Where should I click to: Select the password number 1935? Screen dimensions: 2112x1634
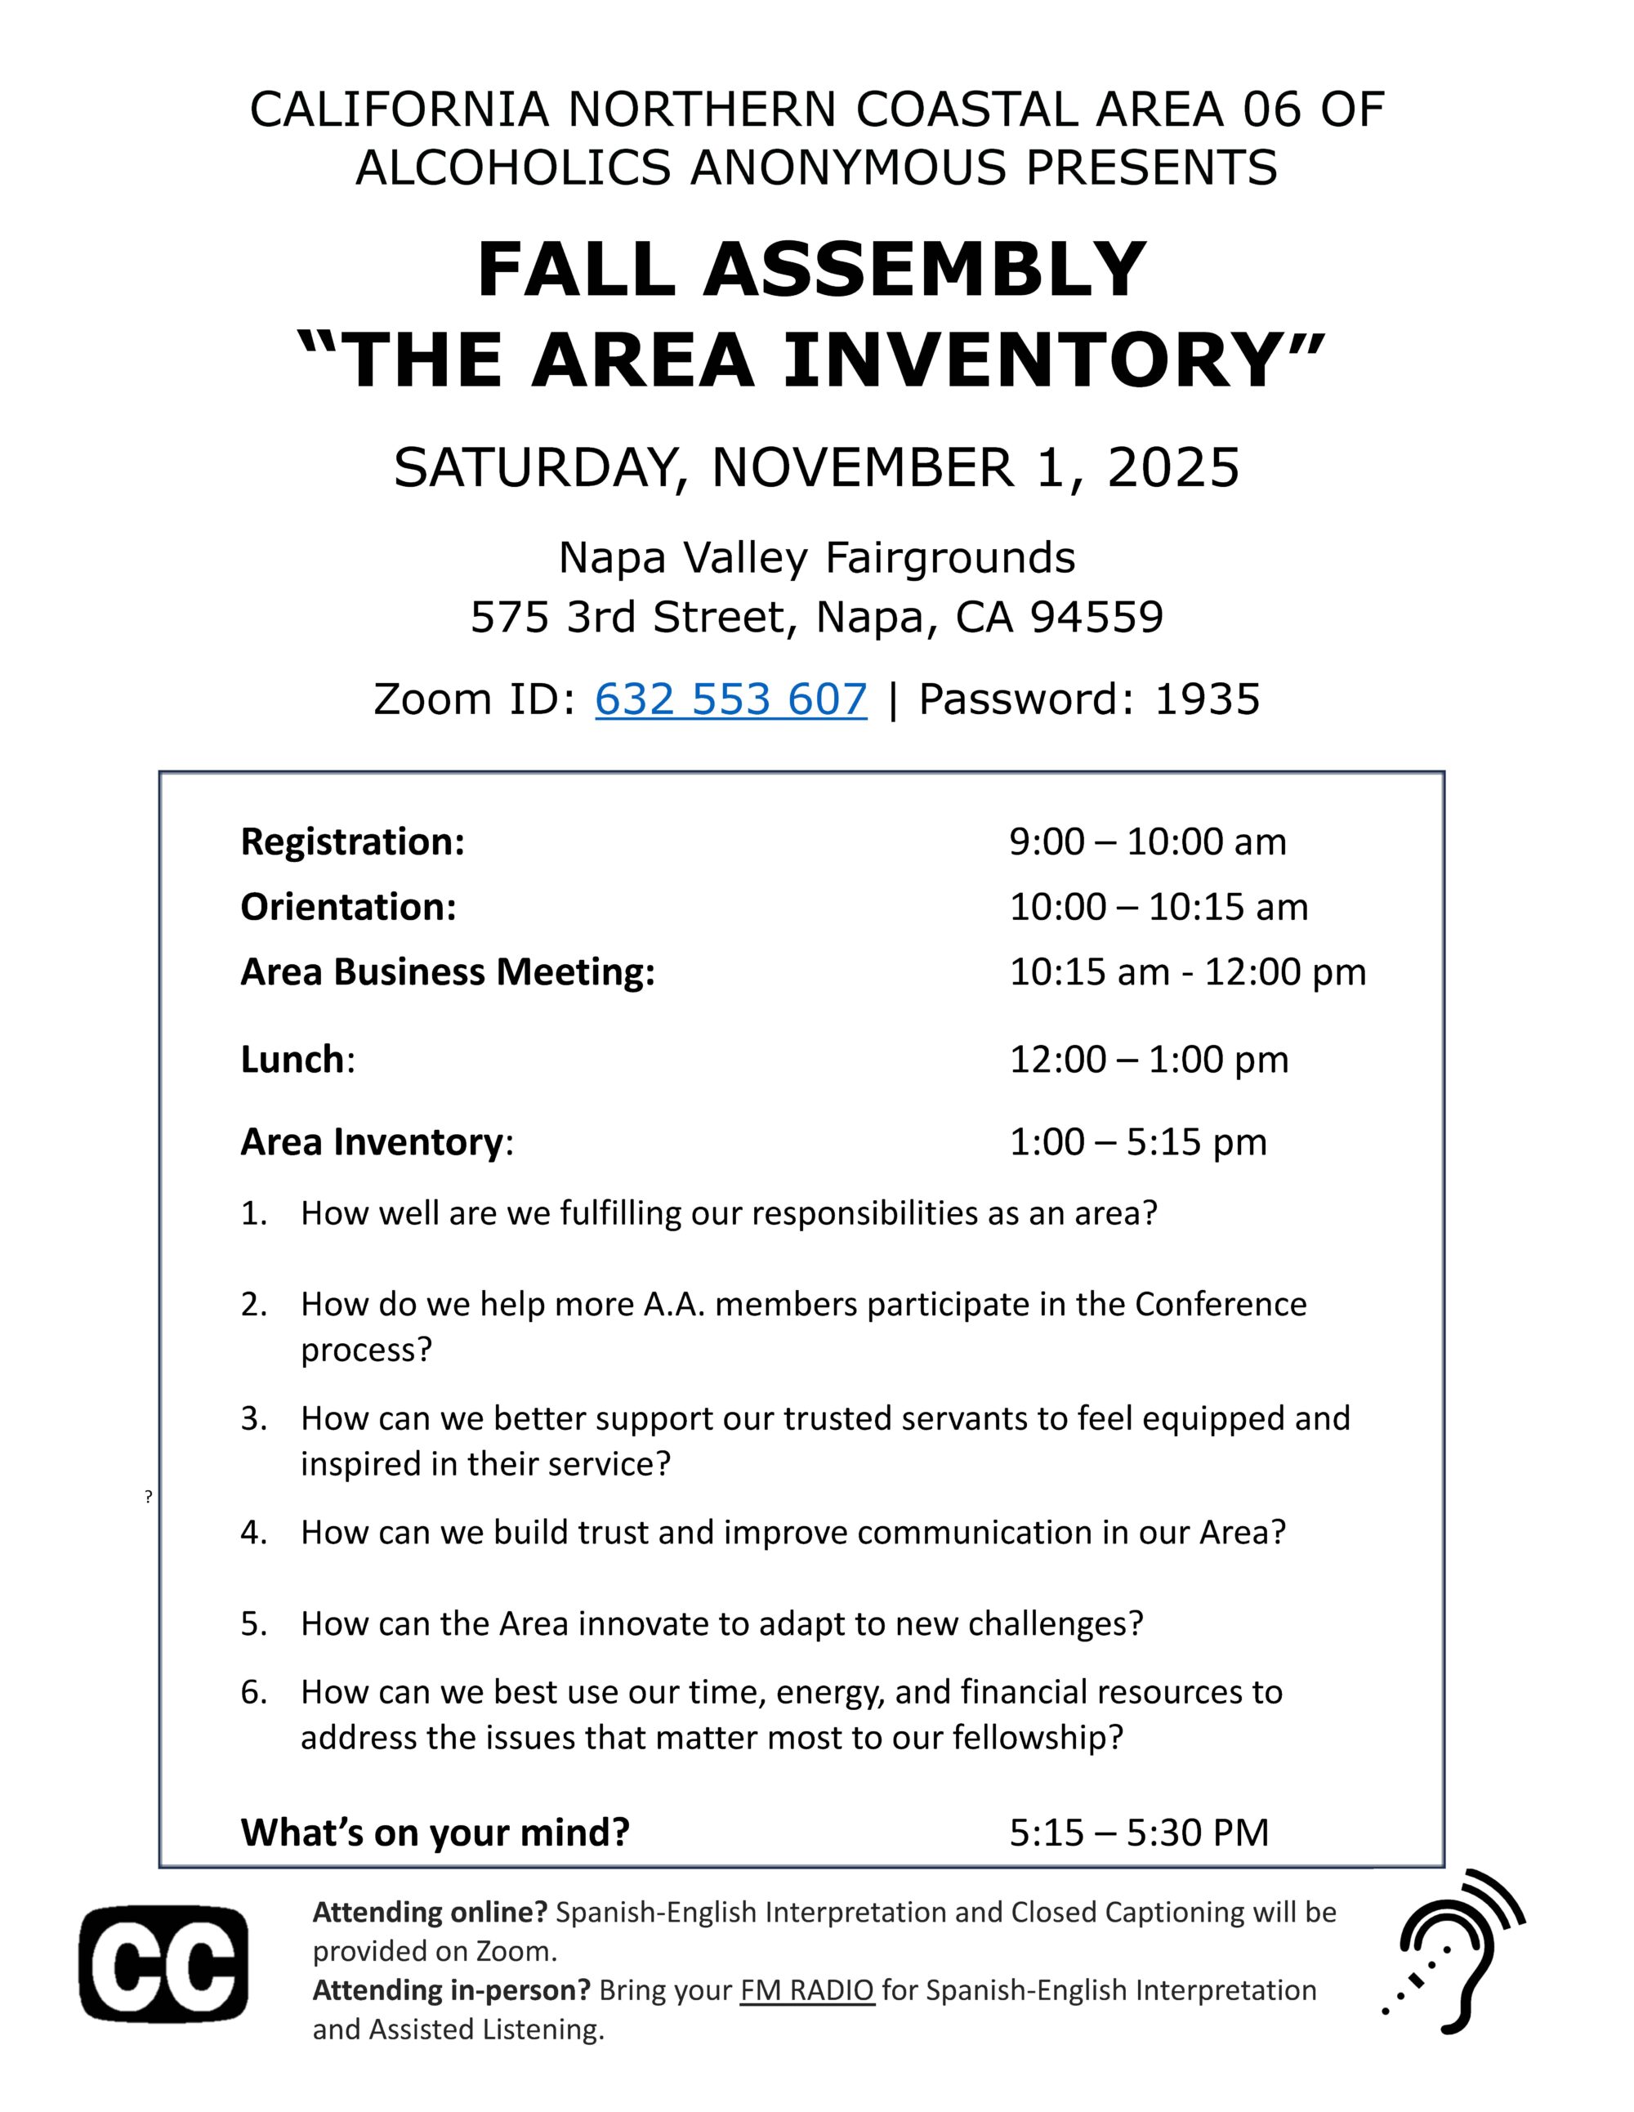(x=1207, y=699)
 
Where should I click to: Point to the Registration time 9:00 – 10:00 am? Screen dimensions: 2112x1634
(x=1148, y=842)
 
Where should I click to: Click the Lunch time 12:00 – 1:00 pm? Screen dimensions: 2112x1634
(x=1149, y=1060)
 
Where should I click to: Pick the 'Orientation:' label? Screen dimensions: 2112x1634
(x=348, y=907)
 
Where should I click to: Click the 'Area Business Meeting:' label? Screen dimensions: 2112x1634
(x=448, y=972)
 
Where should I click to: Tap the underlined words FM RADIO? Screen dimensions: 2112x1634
(x=807, y=1990)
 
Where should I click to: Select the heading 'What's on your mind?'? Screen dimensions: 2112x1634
(x=435, y=1832)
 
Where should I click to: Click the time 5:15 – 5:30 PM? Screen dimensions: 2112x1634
(x=1139, y=1832)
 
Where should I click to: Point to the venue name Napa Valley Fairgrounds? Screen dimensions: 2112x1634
(x=817, y=558)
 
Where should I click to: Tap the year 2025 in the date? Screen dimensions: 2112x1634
(x=1173, y=468)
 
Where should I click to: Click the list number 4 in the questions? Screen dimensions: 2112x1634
(x=253, y=1533)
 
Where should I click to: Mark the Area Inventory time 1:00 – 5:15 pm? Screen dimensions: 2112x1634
(x=1138, y=1142)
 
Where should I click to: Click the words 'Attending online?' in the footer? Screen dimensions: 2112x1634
(x=429, y=1912)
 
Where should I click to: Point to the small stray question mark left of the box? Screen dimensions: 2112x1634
(x=149, y=1497)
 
